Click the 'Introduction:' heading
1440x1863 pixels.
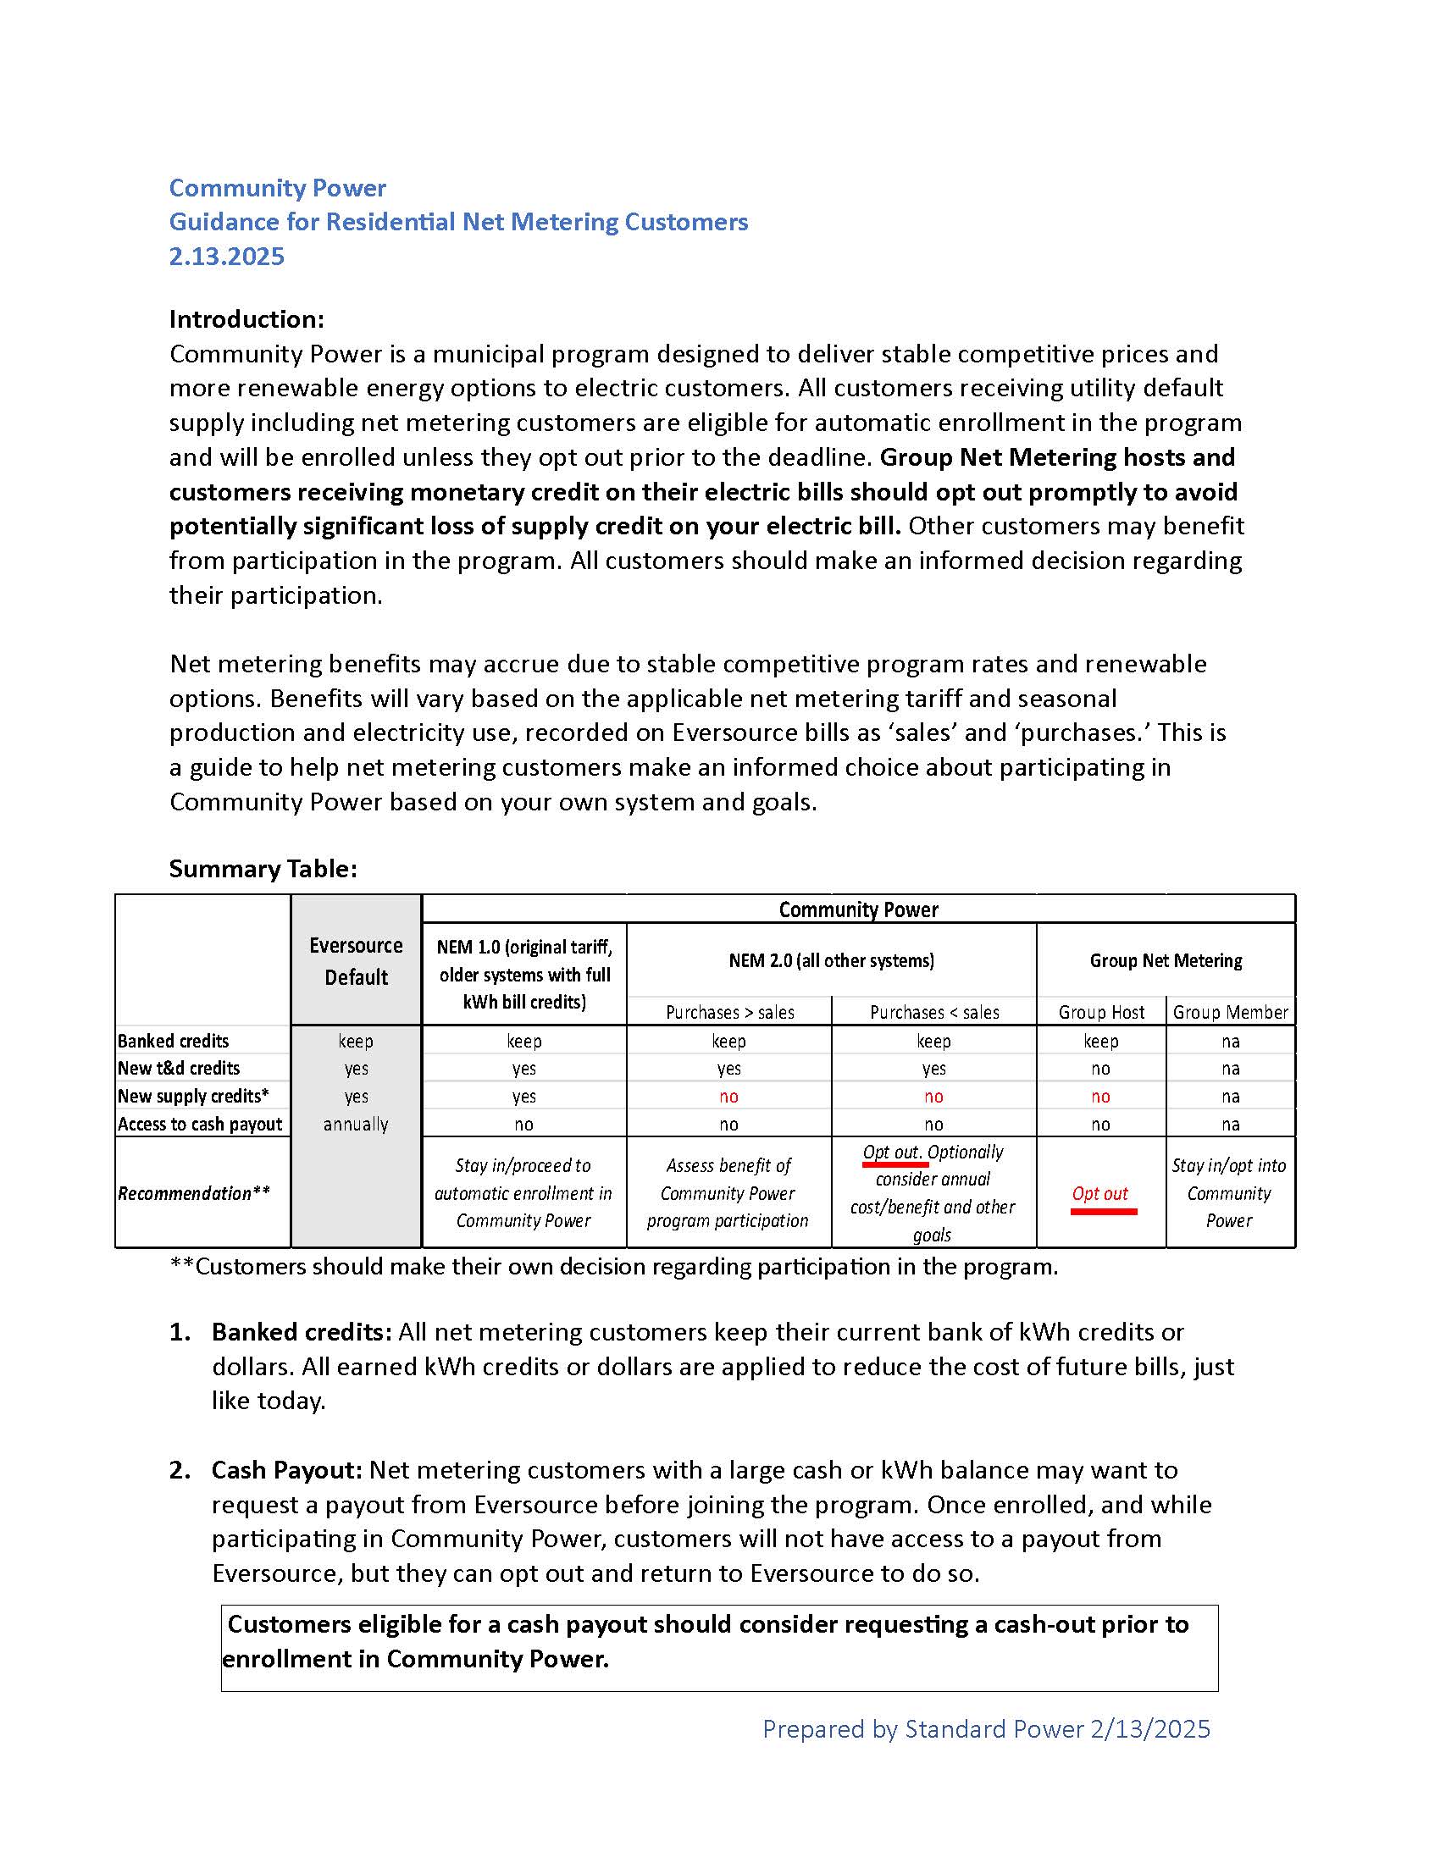click(x=246, y=319)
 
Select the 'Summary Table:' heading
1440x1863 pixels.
click(x=263, y=868)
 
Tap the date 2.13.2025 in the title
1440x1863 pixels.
click(x=226, y=256)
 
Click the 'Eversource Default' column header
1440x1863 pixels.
click(x=356, y=961)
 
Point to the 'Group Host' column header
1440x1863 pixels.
click(x=1100, y=1013)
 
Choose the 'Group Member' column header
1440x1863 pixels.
click(x=1230, y=1013)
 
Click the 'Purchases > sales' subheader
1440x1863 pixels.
click(x=729, y=1013)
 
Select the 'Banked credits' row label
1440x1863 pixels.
click(x=173, y=1041)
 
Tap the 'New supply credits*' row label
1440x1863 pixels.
click(x=194, y=1096)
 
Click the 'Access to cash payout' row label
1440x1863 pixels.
click(x=200, y=1125)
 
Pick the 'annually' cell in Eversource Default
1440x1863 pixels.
click(x=356, y=1125)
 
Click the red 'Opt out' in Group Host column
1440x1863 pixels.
click(x=1100, y=1193)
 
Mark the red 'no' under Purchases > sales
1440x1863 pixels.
click(x=729, y=1096)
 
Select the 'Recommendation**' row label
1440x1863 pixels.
click(x=194, y=1193)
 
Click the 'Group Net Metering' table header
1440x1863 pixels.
click(x=1166, y=960)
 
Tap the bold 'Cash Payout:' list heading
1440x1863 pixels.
click(x=287, y=1470)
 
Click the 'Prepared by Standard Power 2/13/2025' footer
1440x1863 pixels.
click(x=986, y=1729)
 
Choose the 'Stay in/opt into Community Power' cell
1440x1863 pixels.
click(x=1229, y=1192)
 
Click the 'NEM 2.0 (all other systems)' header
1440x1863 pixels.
click(x=831, y=960)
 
